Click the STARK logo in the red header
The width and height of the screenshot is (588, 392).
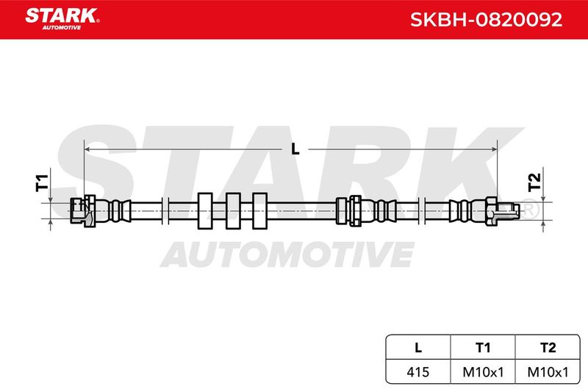coord(62,18)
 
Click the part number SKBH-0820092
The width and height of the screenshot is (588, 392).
coord(486,20)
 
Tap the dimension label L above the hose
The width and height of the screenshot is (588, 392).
coord(295,149)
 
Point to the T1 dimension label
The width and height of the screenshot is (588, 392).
coord(42,182)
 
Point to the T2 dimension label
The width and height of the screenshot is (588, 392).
coord(534,182)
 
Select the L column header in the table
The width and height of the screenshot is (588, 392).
coord(418,347)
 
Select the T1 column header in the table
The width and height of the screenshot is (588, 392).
coord(483,347)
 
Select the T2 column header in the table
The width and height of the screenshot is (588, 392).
coord(548,347)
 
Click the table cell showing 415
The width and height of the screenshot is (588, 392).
coord(418,371)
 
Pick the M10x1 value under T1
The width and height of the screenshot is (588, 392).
coord(483,371)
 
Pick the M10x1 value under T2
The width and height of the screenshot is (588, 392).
coord(548,371)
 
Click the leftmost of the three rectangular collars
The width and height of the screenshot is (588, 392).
coord(205,211)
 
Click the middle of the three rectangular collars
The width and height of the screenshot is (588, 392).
coord(233,211)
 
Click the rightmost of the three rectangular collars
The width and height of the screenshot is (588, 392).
coord(260,211)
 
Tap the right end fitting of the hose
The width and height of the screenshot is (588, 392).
coord(484,211)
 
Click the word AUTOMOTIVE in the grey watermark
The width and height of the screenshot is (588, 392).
coord(287,254)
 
